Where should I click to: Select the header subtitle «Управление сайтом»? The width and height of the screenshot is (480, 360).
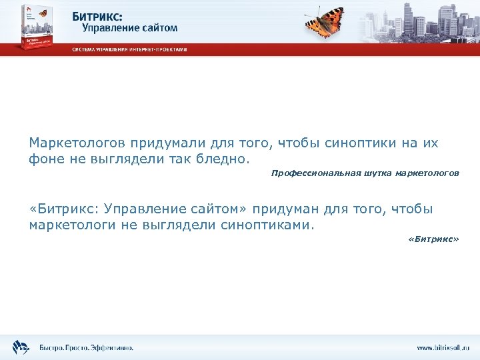coord(130,27)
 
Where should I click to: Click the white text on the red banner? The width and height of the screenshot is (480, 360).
coord(129,49)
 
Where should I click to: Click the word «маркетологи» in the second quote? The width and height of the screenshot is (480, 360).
coord(73,225)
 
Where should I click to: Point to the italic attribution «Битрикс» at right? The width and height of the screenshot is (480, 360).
coord(433,239)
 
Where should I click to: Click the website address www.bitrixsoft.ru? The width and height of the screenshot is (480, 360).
coord(443,347)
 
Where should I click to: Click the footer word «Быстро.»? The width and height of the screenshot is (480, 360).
coord(52,347)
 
